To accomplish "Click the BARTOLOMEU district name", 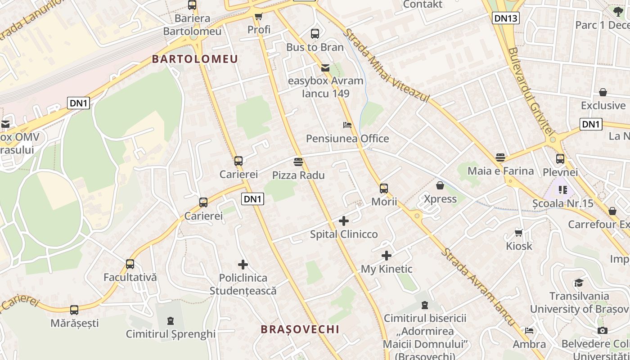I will pos(195,59).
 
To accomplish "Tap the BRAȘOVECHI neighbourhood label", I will pos(300,329).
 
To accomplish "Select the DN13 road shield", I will pos(506,18).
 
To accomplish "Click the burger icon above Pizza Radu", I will pos(298,162).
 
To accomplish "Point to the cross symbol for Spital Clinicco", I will pos(344,221).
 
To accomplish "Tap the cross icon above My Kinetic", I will pos(386,256).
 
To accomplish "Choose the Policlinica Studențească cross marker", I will pos(243,265).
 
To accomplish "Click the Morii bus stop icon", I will pos(384,189).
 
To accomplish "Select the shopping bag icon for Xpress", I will pos(440,185).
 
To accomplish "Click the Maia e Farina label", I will pos(500,171).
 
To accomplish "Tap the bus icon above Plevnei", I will pos(560,159).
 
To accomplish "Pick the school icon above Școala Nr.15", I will pos(562,190).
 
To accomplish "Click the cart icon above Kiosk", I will pos(519,233).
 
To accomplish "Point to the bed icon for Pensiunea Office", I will pos(347,125).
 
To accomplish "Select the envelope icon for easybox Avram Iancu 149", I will pos(325,68).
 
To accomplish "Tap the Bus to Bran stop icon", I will pos(315,34).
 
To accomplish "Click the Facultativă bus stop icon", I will pos(130,264).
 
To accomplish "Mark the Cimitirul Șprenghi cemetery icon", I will pos(170,321).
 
